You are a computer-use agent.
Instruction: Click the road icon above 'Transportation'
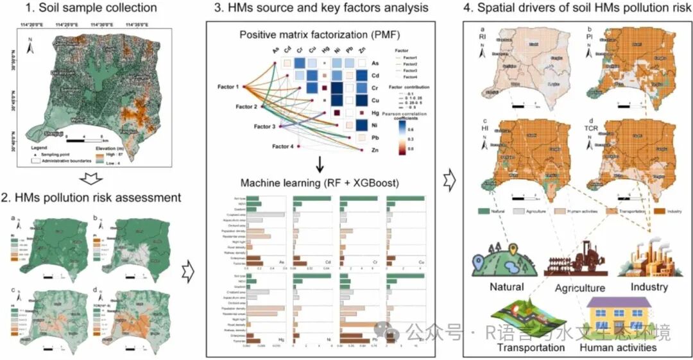(x=529, y=318)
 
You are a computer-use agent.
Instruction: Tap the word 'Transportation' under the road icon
(x=531, y=348)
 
